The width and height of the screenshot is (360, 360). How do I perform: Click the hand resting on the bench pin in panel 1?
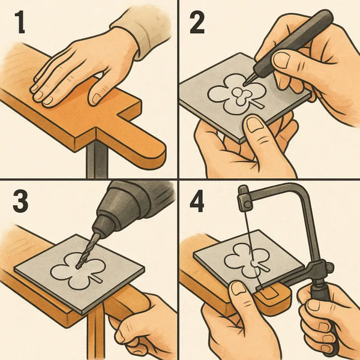tap(84, 69)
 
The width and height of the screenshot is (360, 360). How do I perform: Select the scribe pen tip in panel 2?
tap(248, 80)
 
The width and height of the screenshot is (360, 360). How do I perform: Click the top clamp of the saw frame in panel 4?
tap(244, 196)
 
